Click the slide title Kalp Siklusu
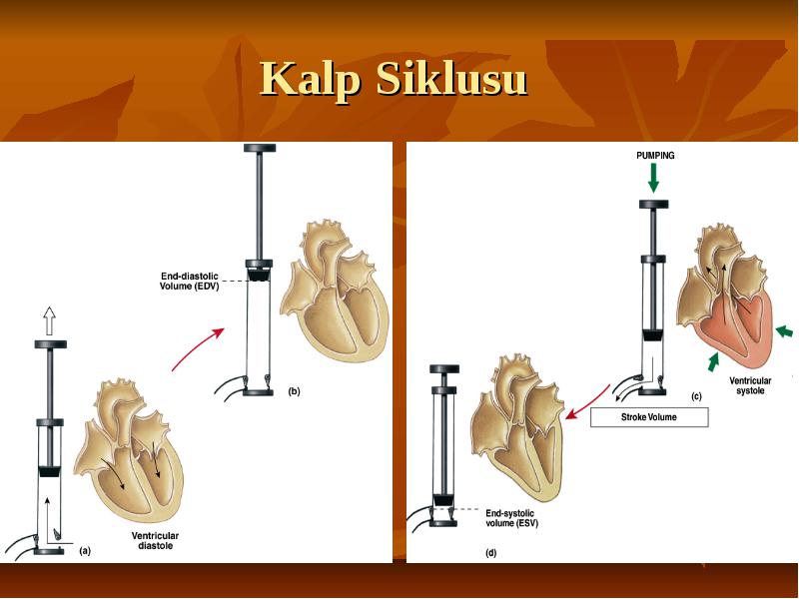394,79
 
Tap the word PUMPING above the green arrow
655,156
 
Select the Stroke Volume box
649,417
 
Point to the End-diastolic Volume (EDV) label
190,282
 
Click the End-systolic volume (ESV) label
511,518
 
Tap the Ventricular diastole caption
155,540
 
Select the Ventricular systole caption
750,385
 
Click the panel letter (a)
85,551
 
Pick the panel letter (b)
294,391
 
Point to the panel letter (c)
696,396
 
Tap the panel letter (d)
490,553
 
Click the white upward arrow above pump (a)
49,320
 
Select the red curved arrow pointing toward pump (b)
197,348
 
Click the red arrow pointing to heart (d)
587,402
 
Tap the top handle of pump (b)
260,148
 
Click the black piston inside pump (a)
50,471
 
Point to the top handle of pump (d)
444,369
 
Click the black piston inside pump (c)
653,335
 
